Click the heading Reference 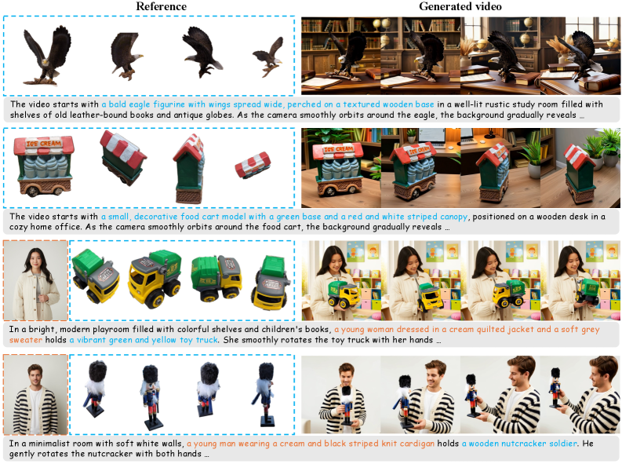(x=161, y=6)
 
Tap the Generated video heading (x=460, y=6)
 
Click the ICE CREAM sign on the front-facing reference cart (x=43, y=143)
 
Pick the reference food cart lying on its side (x=253, y=165)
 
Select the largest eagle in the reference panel (x=46, y=56)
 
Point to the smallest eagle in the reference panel (x=268, y=57)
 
